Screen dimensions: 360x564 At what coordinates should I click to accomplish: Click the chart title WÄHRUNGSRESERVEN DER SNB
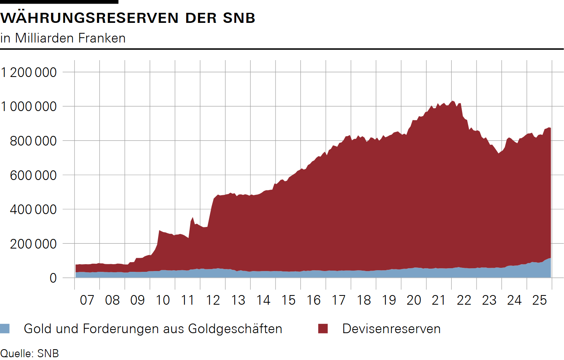[x=128, y=18]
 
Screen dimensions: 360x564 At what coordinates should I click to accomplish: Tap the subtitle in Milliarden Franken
[x=63, y=38]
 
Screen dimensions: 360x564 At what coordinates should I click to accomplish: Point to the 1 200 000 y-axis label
[x=29, y=73]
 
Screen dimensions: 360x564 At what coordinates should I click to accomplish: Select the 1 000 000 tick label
[x=29, y=107]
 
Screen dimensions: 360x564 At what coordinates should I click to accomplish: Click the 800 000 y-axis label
[x=33, y=141]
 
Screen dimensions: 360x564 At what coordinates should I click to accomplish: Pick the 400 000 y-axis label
[x=33, y=209]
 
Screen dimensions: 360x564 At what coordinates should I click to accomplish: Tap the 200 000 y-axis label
[x=33, y=244]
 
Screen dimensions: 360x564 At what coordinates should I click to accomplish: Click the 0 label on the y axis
[x=53, y=278]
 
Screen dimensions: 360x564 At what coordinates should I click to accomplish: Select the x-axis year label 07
[x=87, y=300]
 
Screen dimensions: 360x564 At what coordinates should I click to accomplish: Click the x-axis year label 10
[x=162, y=300]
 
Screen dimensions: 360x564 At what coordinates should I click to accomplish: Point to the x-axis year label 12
[x=213, y=300]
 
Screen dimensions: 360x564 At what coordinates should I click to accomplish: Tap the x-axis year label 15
[x=288, y=300]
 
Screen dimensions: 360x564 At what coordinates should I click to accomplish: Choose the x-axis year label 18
[x=364, y=300]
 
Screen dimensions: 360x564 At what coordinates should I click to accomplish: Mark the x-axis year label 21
[x=439, y=300]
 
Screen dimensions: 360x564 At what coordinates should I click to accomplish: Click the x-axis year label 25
[x=540, y=300]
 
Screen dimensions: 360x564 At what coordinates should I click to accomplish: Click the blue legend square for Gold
[x=5, y=329]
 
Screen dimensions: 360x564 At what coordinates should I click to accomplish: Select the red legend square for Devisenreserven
[x=323, y=329]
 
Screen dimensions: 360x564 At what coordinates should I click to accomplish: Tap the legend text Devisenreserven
[x=391, y=329]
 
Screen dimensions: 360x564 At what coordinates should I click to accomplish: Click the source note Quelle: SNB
[x=30, y=354]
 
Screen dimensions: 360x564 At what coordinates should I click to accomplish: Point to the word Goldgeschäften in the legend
[x=235, y=329]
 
